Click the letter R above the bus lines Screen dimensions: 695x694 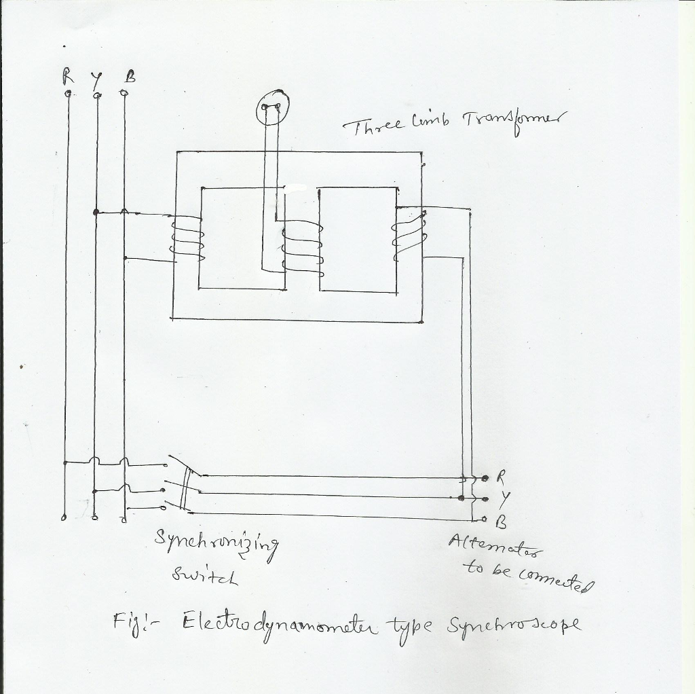coord(68,77)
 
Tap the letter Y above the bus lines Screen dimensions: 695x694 coord(96,79)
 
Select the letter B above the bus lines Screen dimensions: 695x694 coord(130,78)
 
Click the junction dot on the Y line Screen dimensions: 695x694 coord(96,213)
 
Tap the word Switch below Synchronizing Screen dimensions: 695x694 coord(204,575)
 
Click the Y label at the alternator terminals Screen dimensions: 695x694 coord(503,499)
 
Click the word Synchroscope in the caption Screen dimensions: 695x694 coord(513,625)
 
